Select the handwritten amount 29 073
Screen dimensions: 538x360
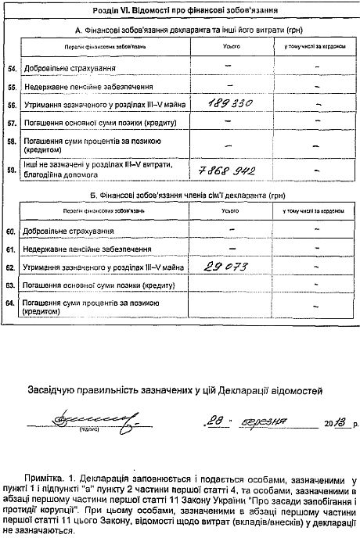click(x=225, y=267)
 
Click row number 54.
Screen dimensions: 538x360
click(x=11, y=69)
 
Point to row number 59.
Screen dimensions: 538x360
click(x=11, y=170)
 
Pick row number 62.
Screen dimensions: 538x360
click(x=11, y=268)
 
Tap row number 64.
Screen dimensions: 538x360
click(x=11, y=306)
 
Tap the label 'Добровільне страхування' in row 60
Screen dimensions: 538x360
click(x=70, y=231)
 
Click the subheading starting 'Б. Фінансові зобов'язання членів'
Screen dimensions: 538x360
click(x=181, y=193)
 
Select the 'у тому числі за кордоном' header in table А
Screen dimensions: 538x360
click(x=315, y=48)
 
